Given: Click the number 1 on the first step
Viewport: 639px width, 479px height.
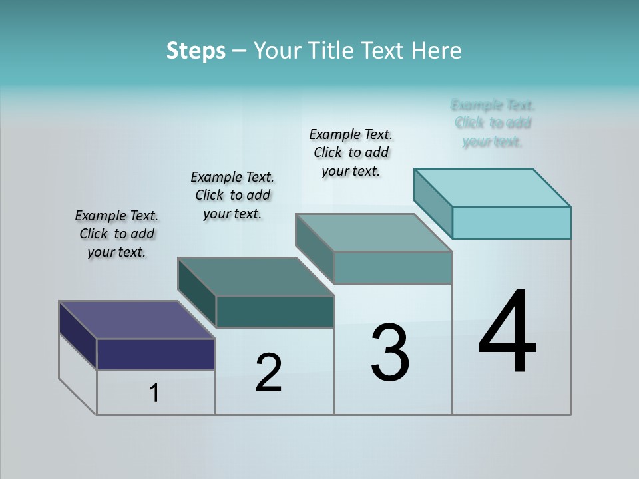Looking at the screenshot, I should pyautogui.click(x=154, y=393).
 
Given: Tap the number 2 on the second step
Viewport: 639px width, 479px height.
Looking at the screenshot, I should pyautogui.click(x=268, y=372).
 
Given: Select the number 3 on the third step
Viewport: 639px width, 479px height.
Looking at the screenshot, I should pyautogui.click(x=390, y=353).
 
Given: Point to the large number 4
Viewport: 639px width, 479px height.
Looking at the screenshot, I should pyautogui.click(x=507, y=332).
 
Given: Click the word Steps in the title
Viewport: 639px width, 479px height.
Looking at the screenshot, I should pyautogui.click(x=196, y=51).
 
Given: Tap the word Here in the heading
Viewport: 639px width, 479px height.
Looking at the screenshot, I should pyautogui.click(x=437, y=51).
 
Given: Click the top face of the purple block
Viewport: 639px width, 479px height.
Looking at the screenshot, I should pyautogui.click(x=136, y=320).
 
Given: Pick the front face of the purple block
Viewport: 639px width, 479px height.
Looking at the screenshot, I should pyautogui.click(x=156, y=354).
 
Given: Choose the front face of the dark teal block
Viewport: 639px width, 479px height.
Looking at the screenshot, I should pyautogui.click(x=275, y=311).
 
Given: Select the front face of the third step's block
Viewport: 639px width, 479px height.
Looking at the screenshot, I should pyautogui.click(x=393, y=267).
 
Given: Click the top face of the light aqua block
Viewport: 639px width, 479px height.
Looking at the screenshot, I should pyautogui.click(x=492, y=188).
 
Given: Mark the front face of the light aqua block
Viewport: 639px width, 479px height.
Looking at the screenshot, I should pyautogui.click(x=511, y=222).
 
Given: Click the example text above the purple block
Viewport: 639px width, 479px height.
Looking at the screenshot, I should pyautogui.click(x=116, y=234).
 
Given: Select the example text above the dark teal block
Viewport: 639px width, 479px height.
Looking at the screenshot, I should pyautogui.click(x=232, y=195).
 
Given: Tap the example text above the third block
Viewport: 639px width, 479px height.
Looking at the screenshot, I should pyautogui.click(x=351, y=152).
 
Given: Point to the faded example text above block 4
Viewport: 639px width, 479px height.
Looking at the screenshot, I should pyautogui.click(x=493, y=123).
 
